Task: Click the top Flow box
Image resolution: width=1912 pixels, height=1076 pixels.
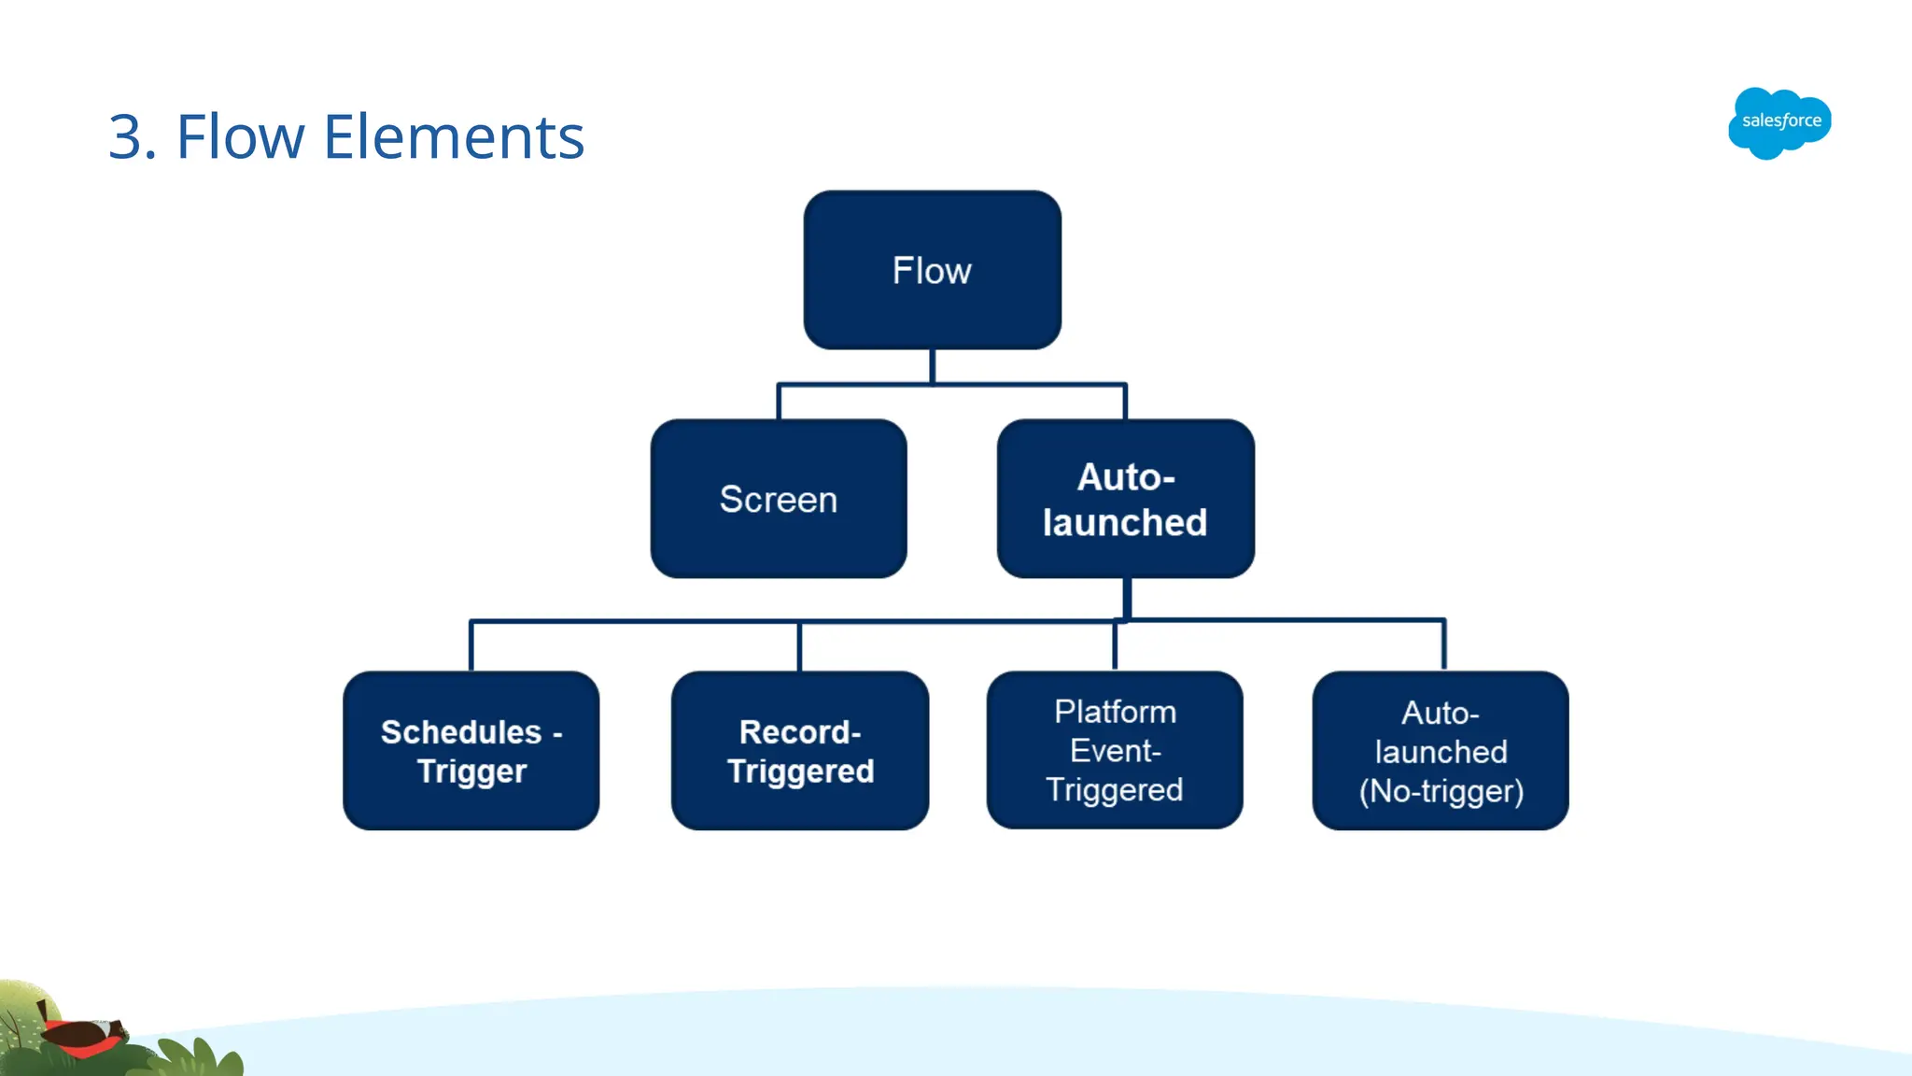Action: pyautogui.click(x=932, y=270)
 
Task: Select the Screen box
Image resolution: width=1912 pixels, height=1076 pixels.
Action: pyautogui.click(x=778, y=499)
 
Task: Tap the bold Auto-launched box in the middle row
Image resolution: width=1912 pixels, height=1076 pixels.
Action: pyautogui.click(x=1125, y=499)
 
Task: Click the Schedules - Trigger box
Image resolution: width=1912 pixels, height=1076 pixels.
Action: pyautogui.click(x=471, y=750)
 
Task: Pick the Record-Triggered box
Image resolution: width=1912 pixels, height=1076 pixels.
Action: pyautogui.click(x=799, y=750)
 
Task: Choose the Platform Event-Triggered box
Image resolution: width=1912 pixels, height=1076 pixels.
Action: pyautogui.click(x=1114, y=750)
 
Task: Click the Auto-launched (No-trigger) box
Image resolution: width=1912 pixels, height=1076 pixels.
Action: pyautogui.click(x=1440, y=750)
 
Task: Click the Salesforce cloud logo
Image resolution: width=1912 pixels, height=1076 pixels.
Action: pyautogui.click(x=1779, y=122)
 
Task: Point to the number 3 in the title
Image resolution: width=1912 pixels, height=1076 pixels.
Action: pyautogui.click(x=126, y=137)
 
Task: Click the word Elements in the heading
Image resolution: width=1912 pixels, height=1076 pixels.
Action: pyautogui.click(x=454, y=137)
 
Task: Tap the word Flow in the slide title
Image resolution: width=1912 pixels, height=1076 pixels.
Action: pyautogui.click(x=240, y=137)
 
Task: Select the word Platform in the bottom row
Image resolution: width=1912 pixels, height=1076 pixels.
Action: pyautogui.click(x=1115, y=712)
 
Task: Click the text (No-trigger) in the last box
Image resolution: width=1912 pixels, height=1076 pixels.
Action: pyautogui.click(x=1441, y=791)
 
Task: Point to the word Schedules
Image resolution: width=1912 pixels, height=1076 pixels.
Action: pyautogui.click(x=460, y=731)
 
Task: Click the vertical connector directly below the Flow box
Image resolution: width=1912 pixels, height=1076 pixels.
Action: pyautogui.click(x=932, y=366)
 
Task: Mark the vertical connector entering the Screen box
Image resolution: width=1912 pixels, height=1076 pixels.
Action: pyautogui.click(x=779, y=402)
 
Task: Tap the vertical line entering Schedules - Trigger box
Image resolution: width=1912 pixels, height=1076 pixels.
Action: pyautogui.click(x=471, y=645)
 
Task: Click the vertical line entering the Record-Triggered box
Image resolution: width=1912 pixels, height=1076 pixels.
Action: pyautogui.click(x=799, y=645)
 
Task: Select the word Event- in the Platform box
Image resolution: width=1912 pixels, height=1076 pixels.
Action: pyautogui.click(x=1115, y=751)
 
